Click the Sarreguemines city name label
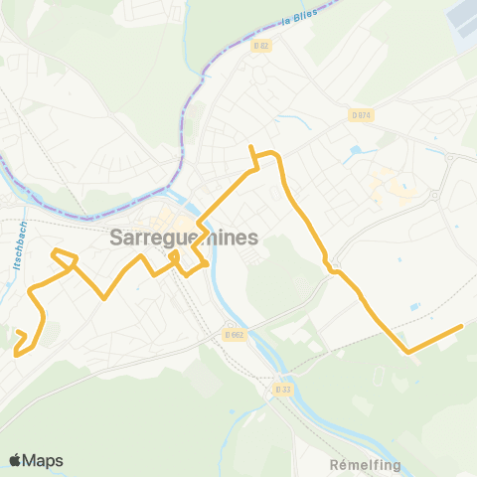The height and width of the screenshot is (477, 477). point(184,238)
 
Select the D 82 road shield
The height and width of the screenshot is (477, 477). point(260,46)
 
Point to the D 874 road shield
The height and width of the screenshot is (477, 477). point(360,115)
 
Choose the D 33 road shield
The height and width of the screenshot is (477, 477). point(282,390)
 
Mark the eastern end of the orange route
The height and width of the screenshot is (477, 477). point(462,326)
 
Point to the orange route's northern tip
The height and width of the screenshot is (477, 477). point(251,148)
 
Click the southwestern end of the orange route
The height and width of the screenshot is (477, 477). point(16,351)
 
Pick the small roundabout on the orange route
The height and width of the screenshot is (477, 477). point(334,267)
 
